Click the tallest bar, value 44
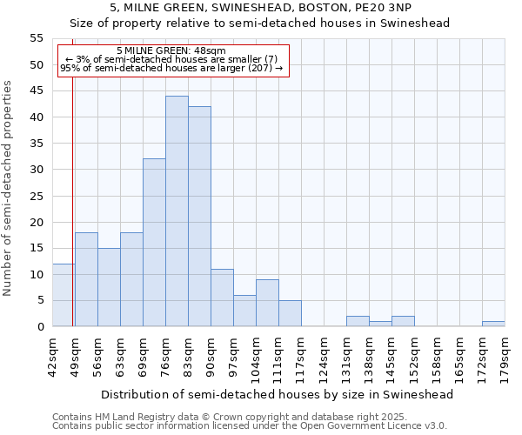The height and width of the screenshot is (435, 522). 177,211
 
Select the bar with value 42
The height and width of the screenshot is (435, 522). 199,217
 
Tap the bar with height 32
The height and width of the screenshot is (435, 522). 154,243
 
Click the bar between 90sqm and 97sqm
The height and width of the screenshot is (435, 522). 222,298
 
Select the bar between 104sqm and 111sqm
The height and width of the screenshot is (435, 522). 267,303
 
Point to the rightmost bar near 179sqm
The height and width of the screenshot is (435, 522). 493,324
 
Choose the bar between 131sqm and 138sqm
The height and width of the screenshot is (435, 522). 358,321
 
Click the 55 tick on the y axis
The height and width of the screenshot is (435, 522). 37,38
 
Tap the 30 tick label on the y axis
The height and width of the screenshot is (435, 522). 37,170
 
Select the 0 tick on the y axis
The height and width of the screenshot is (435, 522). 40,327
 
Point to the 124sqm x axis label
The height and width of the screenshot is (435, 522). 324,358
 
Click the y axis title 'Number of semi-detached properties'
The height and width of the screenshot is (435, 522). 9,188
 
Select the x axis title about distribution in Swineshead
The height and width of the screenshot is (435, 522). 278,394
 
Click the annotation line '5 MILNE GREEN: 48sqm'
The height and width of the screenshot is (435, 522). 171,51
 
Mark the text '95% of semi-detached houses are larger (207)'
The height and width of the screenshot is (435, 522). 171,68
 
